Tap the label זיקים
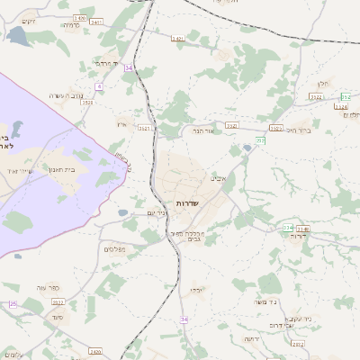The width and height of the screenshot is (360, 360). point(29,21)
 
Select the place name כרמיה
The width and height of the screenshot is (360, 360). point(72,25)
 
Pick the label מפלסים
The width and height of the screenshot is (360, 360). point(114,249)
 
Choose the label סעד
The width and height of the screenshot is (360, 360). point(58,317)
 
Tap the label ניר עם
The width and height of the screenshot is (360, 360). point(156,212)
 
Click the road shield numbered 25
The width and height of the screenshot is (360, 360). point(13,304)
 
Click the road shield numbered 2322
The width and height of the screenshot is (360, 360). point(316,95)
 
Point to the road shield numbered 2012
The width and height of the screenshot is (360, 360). point(298,344)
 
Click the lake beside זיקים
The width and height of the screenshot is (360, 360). point(18,36)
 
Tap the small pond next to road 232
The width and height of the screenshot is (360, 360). point(247,149)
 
